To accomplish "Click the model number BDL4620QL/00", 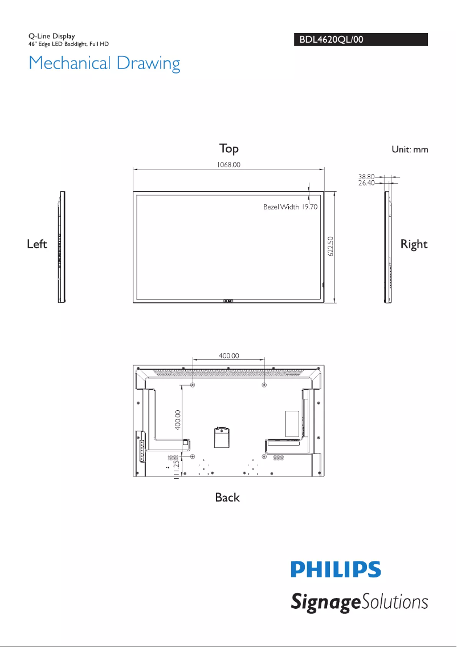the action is [x=331, y=39].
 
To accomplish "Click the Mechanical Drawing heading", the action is [x=104, y=63].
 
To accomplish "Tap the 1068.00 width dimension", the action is [x=228, y=165].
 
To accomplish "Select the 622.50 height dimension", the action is [x=330, y=246].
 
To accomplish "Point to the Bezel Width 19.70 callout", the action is [x=290, y=207].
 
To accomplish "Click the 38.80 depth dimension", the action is [x=366, y=177].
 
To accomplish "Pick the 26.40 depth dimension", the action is [x=366, y=183].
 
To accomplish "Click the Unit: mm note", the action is [x=410, y=149].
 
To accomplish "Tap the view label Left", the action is [x=37, y=244].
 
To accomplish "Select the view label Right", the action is [x=414, y=244].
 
